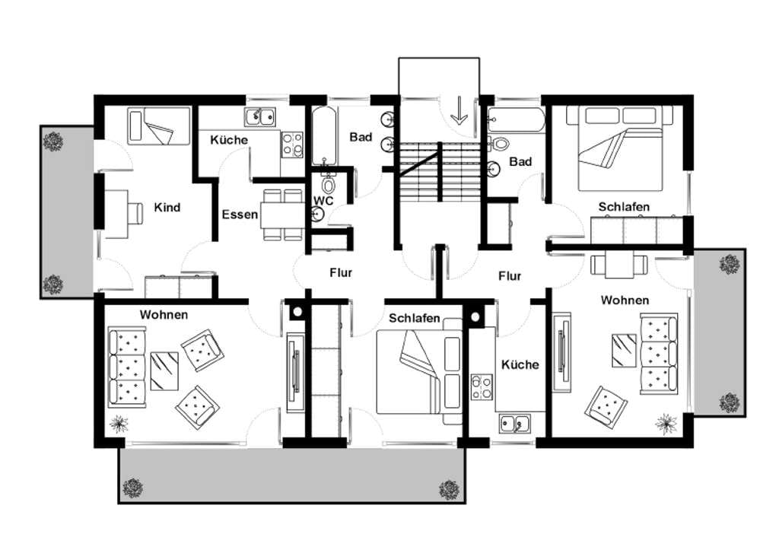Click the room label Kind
click(x=167, y=207)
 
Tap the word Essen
click(x=240, y=215)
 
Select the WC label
click(x=323, y=201)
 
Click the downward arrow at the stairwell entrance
click(x=459, y=110)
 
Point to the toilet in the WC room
click(x=328, y=183)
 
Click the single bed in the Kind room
click(x=159, y=126)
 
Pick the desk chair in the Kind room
click(x=135, y=214)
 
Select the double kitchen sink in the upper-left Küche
click(x=260, y=116)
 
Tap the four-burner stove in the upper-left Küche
click(x=292, y=145)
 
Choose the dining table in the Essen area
click(x=283, y=215)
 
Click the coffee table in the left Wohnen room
click(x=164, y=371)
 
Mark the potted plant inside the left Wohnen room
click(x=119, y=423)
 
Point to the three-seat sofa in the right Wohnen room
click(x=659, y=354)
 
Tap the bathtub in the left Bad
click(x=324, y=136)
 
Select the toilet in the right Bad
click(x=499, y=144)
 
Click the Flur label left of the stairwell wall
click(x=341, y=272)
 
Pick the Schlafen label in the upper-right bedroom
click(x=624, y=206)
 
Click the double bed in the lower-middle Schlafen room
click(x=419, y=371)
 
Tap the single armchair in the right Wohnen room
click(x=606, y=405)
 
